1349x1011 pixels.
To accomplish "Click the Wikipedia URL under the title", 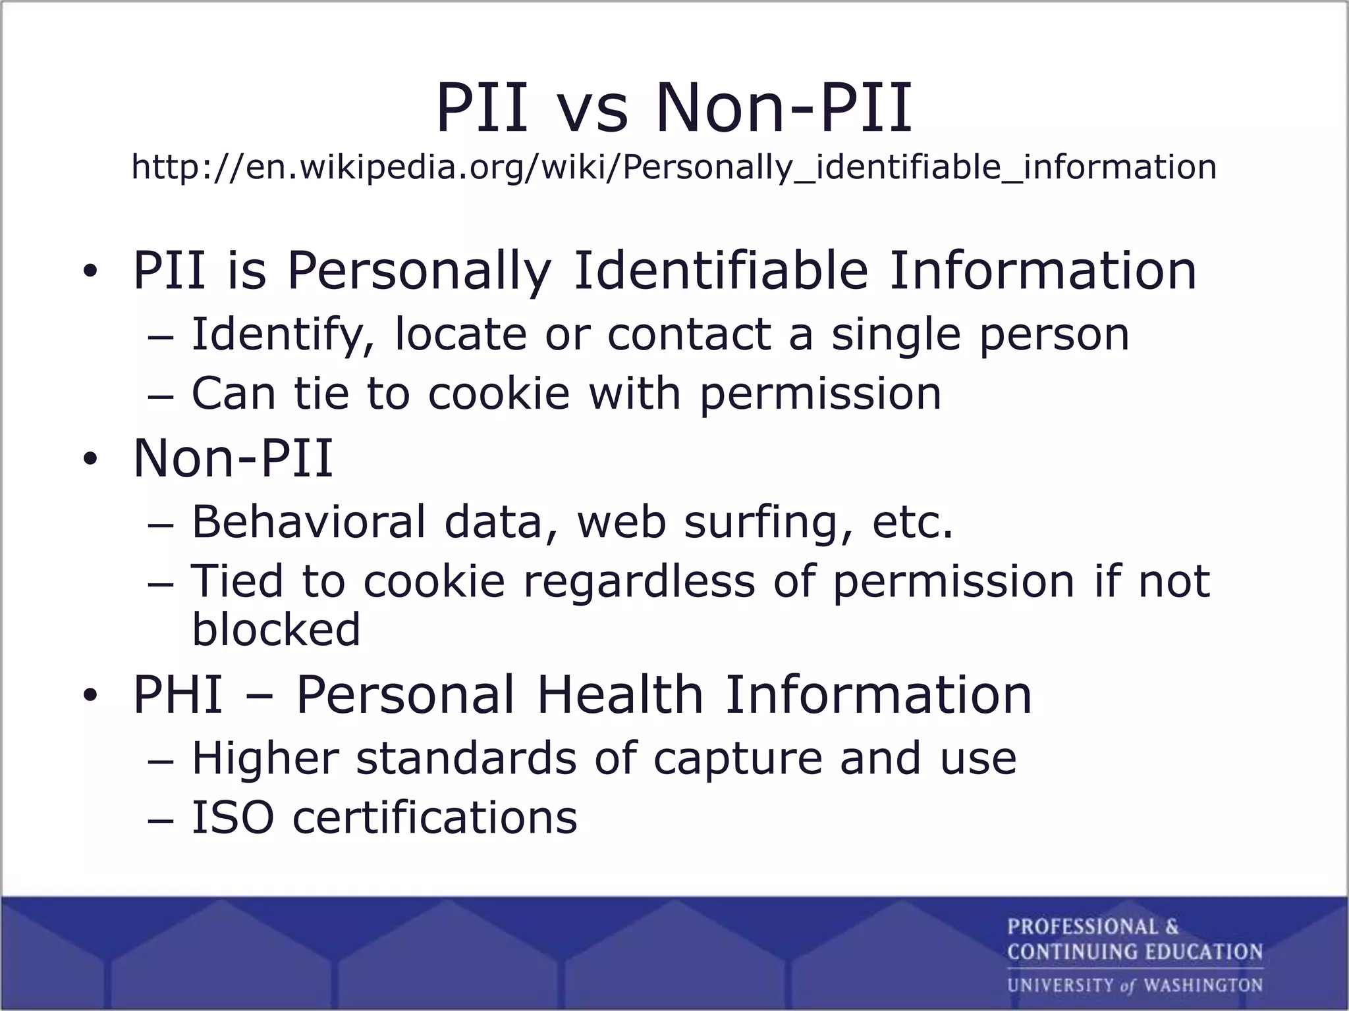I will click(x=673, y=167).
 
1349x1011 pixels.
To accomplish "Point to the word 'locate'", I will click(x=460, y=334).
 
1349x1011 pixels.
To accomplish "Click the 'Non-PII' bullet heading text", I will click(x=233, y=458).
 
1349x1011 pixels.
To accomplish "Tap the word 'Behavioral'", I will click(x=309, y=521).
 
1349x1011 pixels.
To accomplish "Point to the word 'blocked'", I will click(x=276, y=629).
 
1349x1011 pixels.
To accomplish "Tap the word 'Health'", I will click(x=620, y=694).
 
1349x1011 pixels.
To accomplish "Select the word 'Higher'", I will click(x=265, y=758).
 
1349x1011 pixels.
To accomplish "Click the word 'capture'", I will click(x=738, y=758).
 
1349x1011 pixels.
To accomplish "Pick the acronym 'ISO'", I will click(x=233, y=817).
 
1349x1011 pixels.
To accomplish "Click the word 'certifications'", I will click(x=435, y=817).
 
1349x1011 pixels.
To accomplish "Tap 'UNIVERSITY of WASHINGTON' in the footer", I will click(x=1134, y=985).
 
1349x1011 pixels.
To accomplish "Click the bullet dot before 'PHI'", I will click(x=90, y=695).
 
